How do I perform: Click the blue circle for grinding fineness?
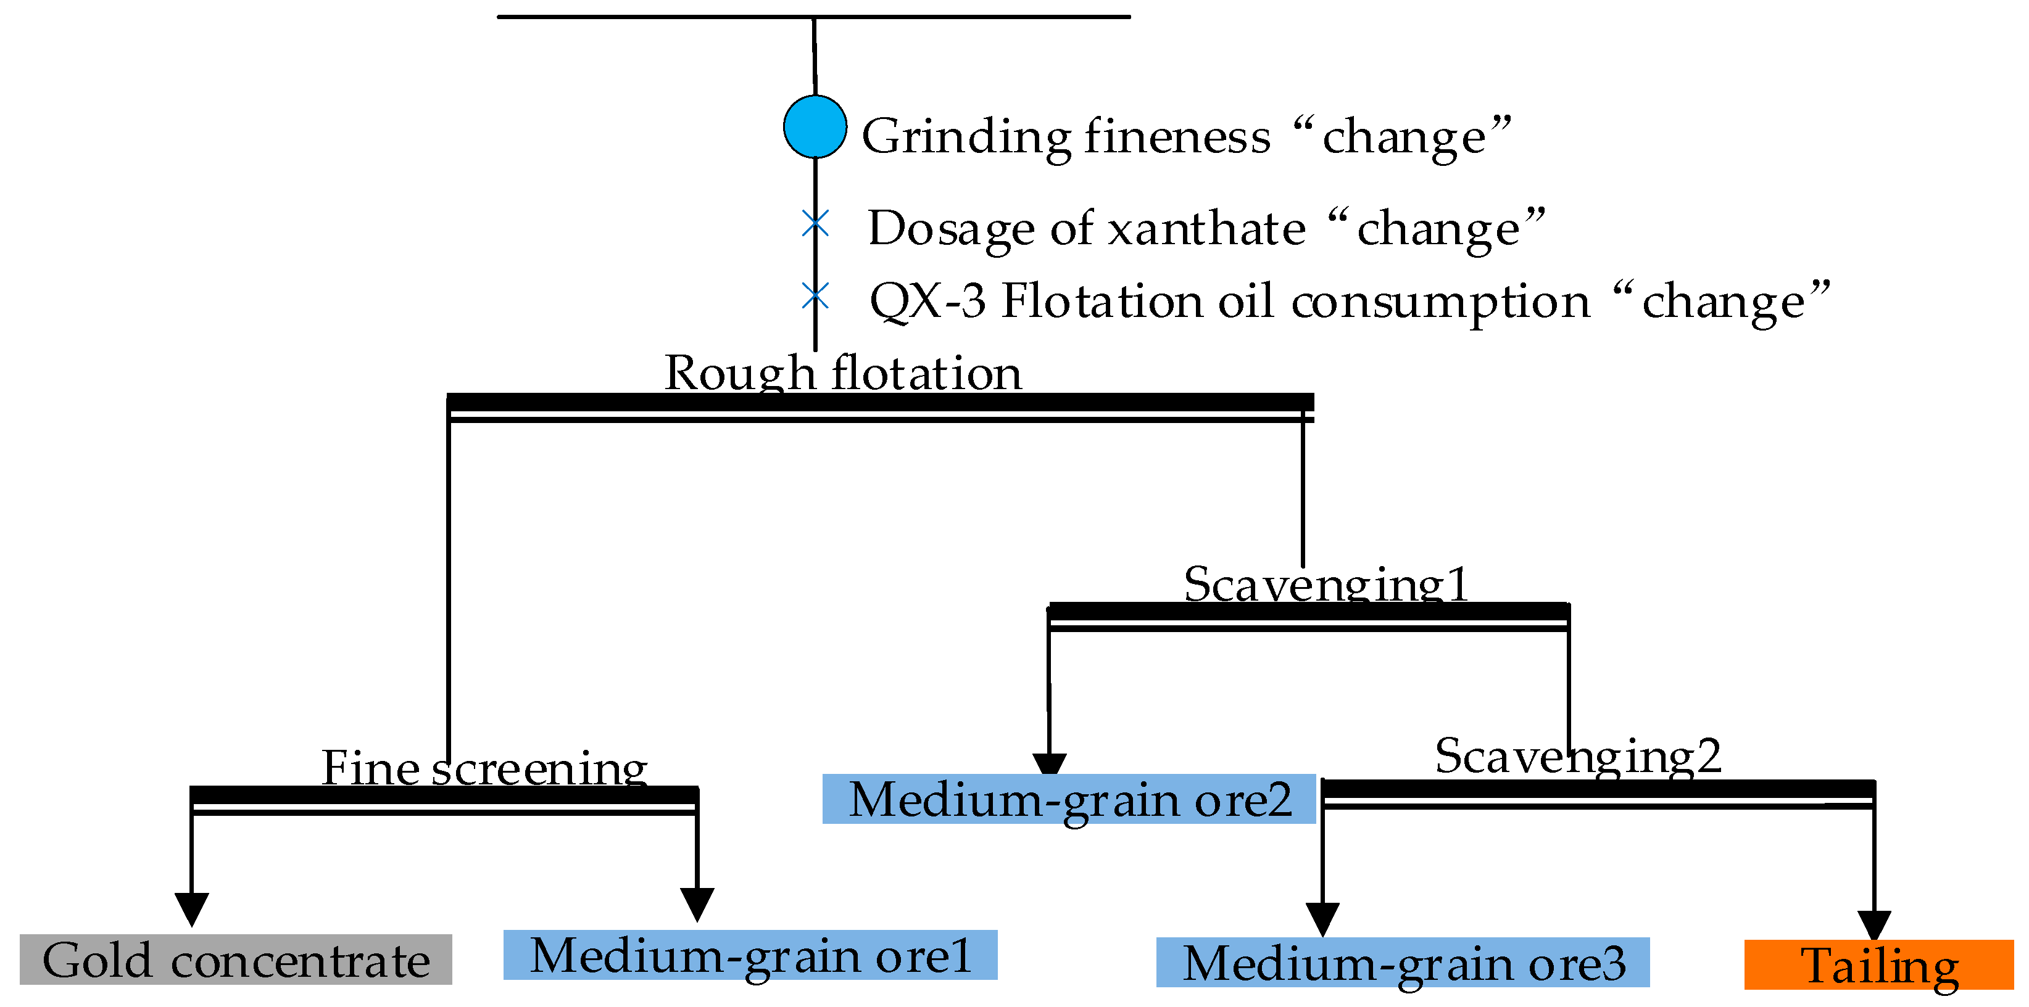(x=815, y=127)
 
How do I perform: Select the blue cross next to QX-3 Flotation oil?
(x=815, y=296)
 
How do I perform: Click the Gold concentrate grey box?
(x=236, y=959)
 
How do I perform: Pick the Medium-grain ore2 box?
(x=1069, y=799)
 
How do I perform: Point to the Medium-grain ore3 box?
(x=1402, y=962)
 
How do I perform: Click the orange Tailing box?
(x=1878, y=964)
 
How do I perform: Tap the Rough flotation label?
(x=843, y=372)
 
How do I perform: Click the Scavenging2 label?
(x=1578, y=756)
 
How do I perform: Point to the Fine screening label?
(x=484, y=768)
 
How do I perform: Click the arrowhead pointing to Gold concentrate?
(x=191, y=908)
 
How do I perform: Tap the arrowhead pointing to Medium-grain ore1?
(x=697, y=903)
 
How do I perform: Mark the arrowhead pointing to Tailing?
(x=1874, y=924)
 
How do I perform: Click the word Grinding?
(x=966, y=136)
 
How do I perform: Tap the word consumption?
(x=1441, y=302)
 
